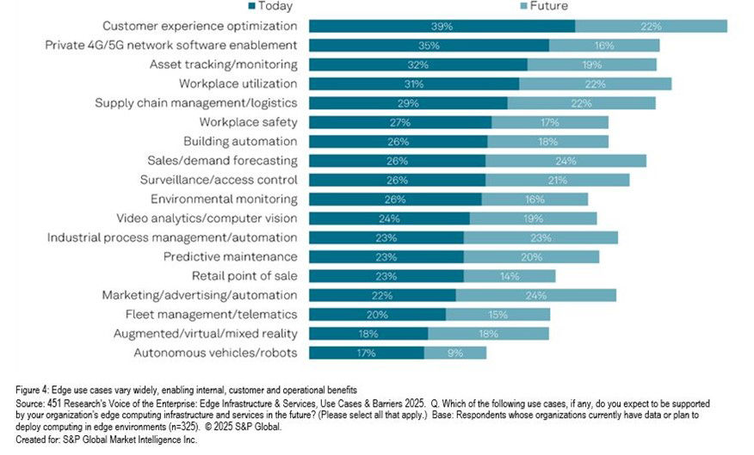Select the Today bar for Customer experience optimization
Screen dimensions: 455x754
(442, 26)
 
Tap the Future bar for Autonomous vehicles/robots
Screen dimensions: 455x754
(455, 353)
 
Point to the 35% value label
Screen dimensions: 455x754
(428, 46)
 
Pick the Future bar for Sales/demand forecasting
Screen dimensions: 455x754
(565, 161)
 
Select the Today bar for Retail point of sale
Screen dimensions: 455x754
(386, 276)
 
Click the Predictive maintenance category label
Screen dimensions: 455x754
(231, 257)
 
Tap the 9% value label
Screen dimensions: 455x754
(454, 353)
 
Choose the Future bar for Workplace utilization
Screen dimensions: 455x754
(596, 83)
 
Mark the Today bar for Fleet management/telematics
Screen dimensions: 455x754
(377, 315)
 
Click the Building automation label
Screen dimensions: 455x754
(240, 141)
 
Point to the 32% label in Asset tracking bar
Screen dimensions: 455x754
(417, 65)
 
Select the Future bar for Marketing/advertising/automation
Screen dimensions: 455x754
(535, 295)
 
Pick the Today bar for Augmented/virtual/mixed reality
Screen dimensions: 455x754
(368, 334)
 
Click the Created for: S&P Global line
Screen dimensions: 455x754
(99, 440)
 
